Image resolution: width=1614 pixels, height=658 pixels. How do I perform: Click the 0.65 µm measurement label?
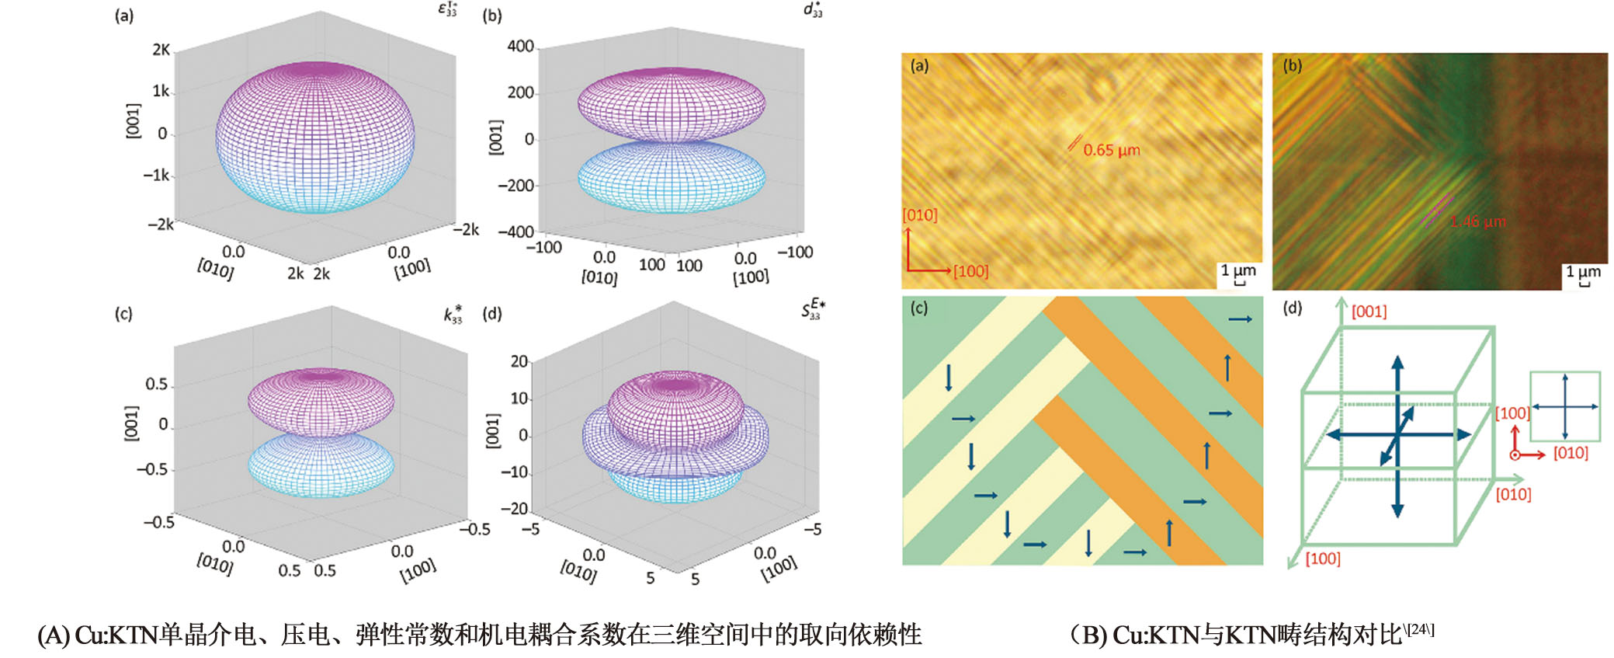click(x=1112, y=150)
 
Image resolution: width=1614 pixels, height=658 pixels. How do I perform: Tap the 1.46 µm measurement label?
click(x=1477, y=221)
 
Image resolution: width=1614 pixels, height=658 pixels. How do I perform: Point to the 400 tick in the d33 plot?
click(x=520, y=47)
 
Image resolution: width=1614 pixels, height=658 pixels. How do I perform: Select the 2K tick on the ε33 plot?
click(x=161, y=50)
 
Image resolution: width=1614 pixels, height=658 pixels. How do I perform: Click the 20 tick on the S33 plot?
click(x=519, y=361)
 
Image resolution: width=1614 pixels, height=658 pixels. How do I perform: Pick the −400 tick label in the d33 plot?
click(x=515, y=232)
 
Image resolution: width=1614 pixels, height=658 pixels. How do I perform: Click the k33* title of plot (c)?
click(x=453, y=315)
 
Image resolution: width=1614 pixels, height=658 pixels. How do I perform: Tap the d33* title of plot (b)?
click(x=812, y=10)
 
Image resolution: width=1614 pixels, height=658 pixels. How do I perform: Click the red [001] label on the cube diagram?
click(x=1369, y=312)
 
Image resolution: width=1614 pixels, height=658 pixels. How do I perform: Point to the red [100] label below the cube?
click(x=1322, y=559)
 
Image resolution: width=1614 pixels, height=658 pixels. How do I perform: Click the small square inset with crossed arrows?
click(x=1564, y=406)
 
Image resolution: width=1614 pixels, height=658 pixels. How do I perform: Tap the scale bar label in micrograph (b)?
click(x=1582, y=272)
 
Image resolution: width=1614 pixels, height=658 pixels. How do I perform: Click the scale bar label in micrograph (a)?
click(x=1237, y=271)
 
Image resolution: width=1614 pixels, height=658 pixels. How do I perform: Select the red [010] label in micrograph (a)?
click(x=920, y=215)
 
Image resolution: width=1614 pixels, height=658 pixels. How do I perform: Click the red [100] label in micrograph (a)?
click(x=970, y=271)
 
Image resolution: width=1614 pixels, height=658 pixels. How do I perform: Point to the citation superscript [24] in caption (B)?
click(x=1420, y=628)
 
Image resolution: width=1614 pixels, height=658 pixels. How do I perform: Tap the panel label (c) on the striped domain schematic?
click(x=918, y=308)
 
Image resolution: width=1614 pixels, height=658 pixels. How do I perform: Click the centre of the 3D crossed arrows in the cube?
click(x=1397, y=435)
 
